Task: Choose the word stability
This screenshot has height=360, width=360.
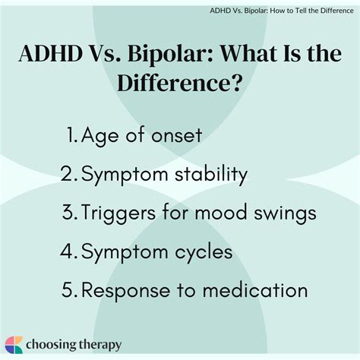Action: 207,175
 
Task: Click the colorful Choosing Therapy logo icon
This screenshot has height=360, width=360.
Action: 14,343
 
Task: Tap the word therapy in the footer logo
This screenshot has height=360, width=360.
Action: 99,344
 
